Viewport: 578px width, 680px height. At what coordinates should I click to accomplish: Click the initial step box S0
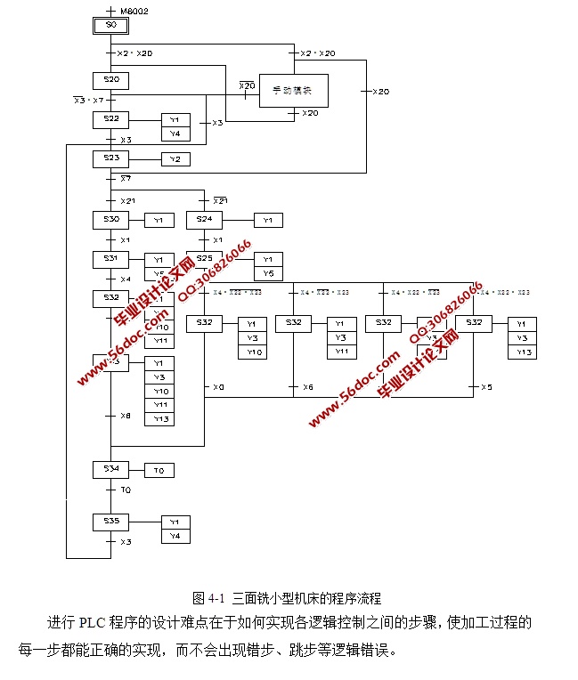click(x=110, y=26)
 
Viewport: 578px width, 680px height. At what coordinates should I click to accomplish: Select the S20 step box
click(x=110, y=81)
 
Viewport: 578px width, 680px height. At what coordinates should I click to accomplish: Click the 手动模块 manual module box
click(x=294, y=90)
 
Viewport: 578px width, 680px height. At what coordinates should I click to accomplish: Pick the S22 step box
click(x=110, y=118)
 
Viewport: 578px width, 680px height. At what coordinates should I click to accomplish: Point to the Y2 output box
click(x=175, y=159)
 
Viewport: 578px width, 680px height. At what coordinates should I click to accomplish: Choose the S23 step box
click(x=110, y=158)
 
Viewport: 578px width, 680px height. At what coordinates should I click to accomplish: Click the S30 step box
click(x=110, y=219)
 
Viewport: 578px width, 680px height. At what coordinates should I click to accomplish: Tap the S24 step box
click(x=204, y=219)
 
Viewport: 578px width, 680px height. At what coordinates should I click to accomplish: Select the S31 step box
click(x=110, y=258)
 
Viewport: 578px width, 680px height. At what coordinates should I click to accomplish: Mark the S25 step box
click(x=204, y=259)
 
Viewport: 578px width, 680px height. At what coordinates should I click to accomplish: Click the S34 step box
click(x=110, y=468)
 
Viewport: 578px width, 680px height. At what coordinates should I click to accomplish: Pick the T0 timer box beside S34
click(x=159, y=470)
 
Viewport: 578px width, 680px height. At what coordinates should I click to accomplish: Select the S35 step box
click(x=110, y=521)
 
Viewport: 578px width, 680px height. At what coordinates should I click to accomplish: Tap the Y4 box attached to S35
click(x=175, y=536)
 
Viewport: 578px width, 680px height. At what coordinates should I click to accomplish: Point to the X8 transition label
click(x=126, y=416)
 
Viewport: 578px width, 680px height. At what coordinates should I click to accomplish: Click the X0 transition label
click(x=218, y=387)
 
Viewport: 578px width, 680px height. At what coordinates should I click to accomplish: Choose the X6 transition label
click(x=307, y=387)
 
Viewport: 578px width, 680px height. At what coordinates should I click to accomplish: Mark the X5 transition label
click(x=486, y=387)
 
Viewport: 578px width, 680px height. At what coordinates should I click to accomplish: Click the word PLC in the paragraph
click(x=93, y=622)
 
